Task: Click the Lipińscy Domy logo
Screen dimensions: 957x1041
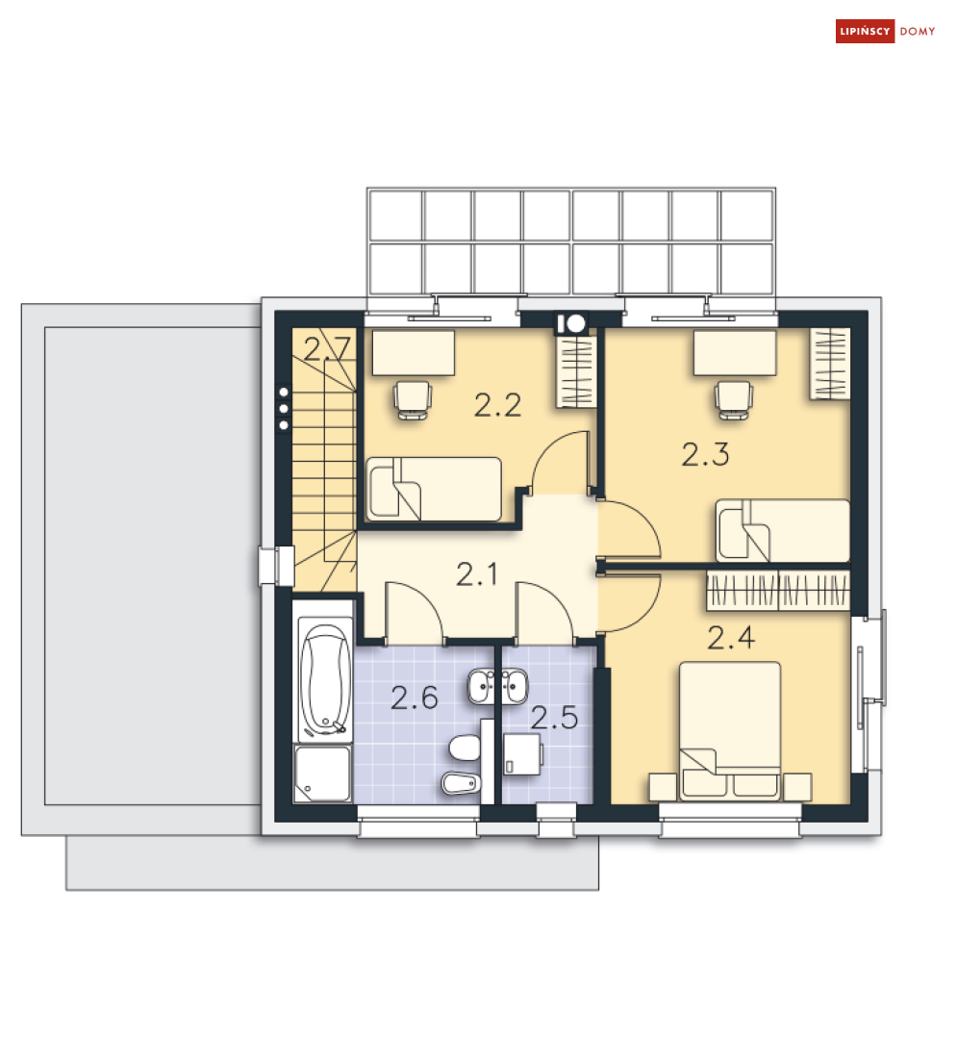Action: click(885, 31)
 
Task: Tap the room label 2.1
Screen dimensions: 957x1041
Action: click(477, 574)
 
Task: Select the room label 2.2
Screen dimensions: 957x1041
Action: click(497, 405)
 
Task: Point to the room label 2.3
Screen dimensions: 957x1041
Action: click(705, 454)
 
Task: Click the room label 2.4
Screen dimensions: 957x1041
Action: click(731, 638)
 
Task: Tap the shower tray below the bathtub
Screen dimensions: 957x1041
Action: click(322, 774)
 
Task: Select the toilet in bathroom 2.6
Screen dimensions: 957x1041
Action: click(466, 749)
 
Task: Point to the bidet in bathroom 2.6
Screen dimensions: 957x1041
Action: click(461, 783)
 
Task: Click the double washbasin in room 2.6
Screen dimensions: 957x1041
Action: click(498, 687)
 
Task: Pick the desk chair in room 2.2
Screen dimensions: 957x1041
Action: click(413, 399)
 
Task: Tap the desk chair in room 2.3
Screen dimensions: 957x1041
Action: click(733, 400)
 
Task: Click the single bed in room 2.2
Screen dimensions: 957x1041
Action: click(434, 490)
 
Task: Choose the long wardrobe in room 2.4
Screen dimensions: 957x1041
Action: click(778, 590)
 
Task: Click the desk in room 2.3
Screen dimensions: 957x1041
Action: click(735, 353)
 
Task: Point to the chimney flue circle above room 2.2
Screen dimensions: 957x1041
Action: click(575, 323)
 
